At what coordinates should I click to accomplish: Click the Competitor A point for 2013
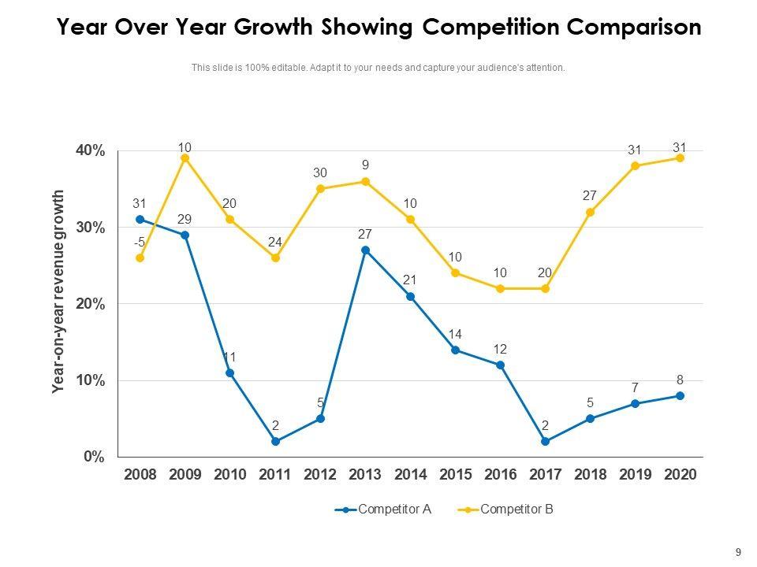(365, 250)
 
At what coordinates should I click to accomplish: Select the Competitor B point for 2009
(185, 158)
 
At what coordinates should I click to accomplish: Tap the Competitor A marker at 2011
(275, 442)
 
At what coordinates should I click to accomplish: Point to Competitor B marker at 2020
(680, 158)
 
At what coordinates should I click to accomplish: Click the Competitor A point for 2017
(545, 442)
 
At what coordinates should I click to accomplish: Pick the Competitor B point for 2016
(500, 289)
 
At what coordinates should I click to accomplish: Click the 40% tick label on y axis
(89, 151)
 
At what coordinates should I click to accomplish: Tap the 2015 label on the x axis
(455, 475)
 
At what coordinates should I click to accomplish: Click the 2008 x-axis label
(140, 475)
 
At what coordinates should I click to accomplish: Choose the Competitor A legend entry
(383, 510)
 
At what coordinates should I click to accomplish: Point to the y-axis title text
(58, 291)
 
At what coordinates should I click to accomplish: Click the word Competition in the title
(490, 28)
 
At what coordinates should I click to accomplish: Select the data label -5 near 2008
(139, 243)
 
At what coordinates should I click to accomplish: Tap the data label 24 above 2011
(274, 243)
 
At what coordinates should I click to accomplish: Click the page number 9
(738, 553)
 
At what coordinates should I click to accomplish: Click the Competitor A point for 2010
(229, 373)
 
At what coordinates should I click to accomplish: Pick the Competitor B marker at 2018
(590, 213)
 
